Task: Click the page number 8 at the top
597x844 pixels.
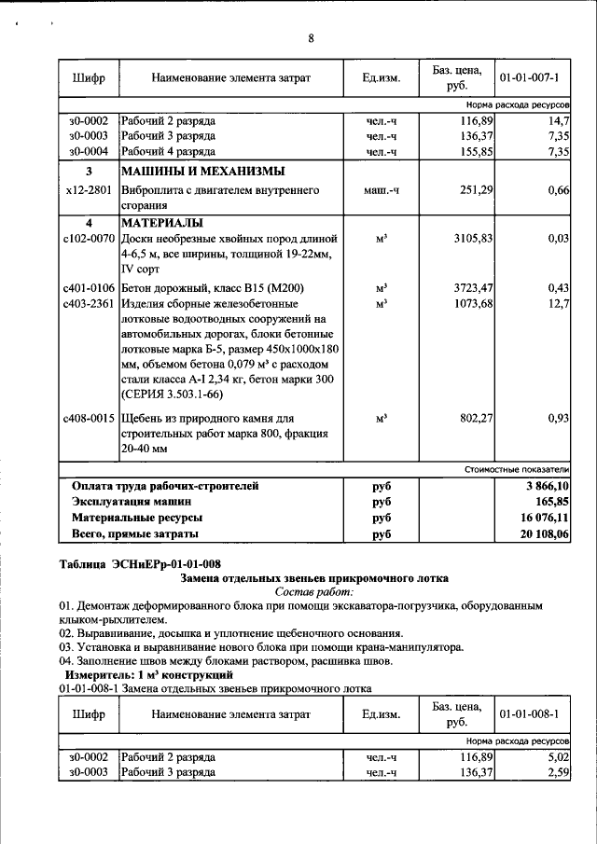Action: click(312, 38)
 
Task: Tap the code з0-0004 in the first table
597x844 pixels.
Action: click(89, 150)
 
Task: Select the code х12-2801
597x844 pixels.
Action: click(89, 189)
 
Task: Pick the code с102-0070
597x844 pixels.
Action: click(89, 239)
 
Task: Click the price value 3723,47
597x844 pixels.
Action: click(472, 287)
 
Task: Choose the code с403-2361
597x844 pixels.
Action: click(89, 303)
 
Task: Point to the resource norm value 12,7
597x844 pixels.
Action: click(559, 303)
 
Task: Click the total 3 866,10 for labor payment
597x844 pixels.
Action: click(547, 486)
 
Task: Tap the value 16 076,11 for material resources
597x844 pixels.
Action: click(545, 517)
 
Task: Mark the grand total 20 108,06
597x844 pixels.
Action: click(545, 533)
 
